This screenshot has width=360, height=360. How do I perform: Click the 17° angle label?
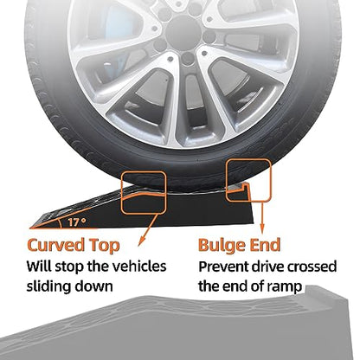tap(77, 222)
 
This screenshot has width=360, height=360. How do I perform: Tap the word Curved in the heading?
tap(55, 245)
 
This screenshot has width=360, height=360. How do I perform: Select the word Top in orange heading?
tap(104, 246)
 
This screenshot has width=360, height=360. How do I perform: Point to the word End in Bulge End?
tap(265, 245)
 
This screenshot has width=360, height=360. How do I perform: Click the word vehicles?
tap(139, 266)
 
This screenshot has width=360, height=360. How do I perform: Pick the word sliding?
tap(48, 286)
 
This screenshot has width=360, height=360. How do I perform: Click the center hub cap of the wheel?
tap(183, 29)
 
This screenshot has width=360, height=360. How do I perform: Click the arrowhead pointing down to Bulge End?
tap(262, 230)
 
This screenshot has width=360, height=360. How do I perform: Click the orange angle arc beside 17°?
tap(60, 223)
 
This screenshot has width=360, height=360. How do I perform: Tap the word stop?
tap(68, 267)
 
